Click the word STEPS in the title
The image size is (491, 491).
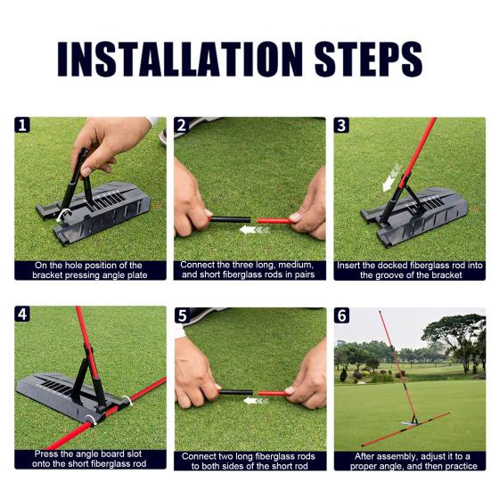click(367, 58)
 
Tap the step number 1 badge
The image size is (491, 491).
click(22, 126)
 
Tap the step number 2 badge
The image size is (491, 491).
click(183, 126)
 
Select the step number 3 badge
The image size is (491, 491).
click(341, 126)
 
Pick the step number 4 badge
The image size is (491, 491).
click(22, 315)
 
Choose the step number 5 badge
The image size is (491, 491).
click(183, 315)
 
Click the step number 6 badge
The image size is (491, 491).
click(341, 315)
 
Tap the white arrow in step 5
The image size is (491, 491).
click(256, 401)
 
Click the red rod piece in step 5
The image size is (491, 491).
click(273, 392)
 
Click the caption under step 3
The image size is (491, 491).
click(409, 270)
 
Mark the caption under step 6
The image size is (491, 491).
click(409, 461)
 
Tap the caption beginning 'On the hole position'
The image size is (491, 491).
click(89, 270)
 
